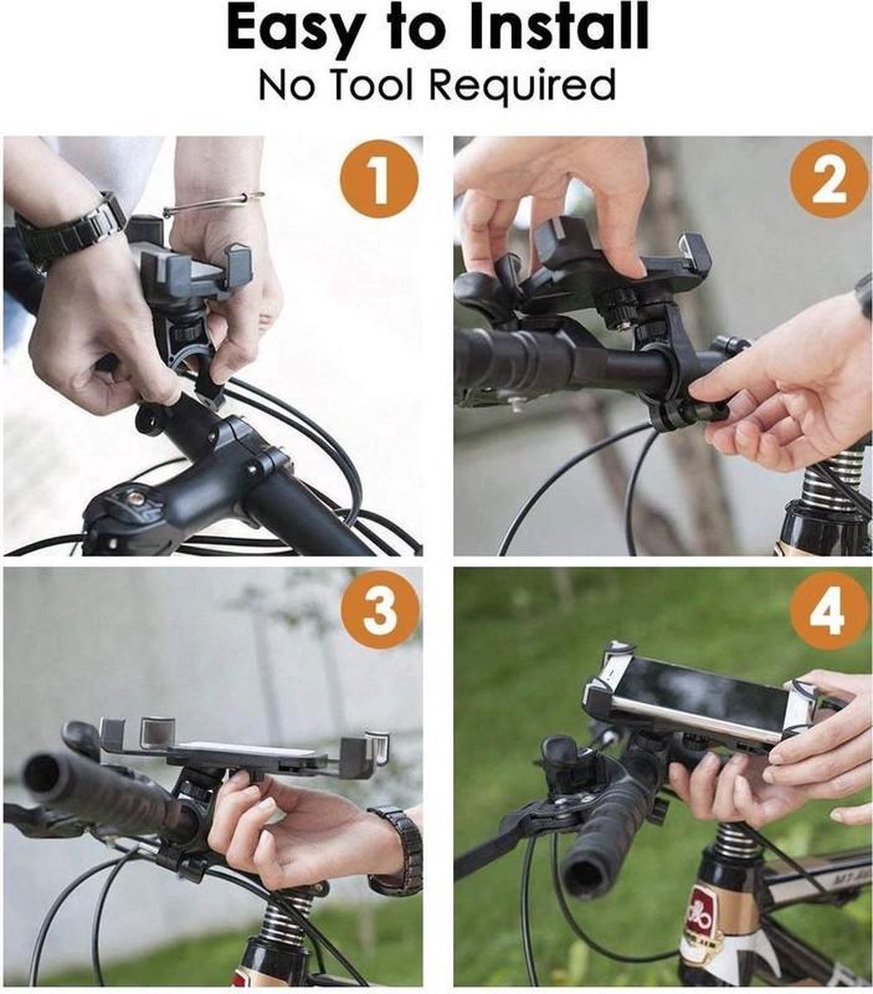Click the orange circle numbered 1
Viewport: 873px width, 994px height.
381,178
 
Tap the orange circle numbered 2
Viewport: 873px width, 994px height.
827,178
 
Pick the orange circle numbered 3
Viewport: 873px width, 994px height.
381,610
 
